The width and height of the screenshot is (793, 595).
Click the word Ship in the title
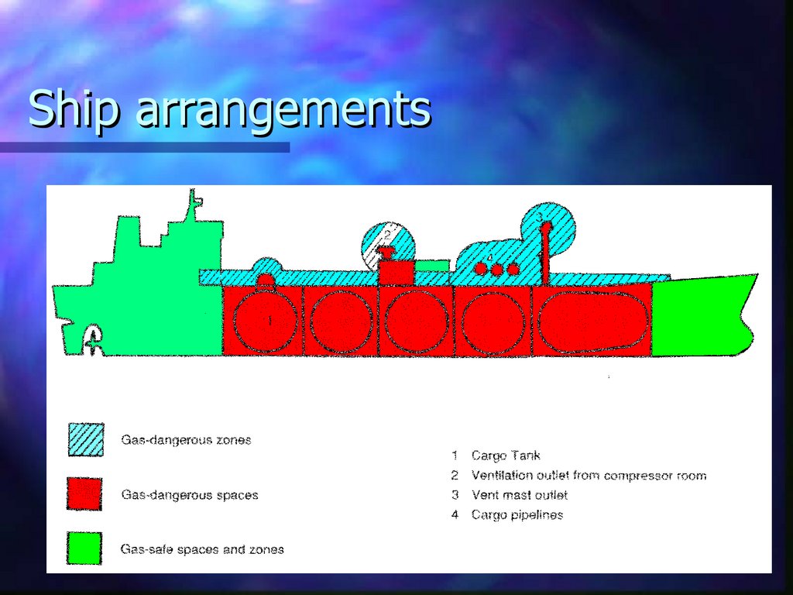pyautogui.click(x=74, y=109)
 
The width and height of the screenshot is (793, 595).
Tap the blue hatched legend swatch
pyautogui.click(x=85, y=440)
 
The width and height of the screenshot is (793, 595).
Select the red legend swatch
pyautogui.click(x=84, y=494)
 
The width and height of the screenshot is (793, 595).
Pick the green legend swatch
pyautogui.click(x=84, y=549)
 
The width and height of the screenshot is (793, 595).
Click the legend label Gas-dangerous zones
pyautogui.click(x=186, y=440)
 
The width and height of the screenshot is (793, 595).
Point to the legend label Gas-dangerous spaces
pyautogui.click(x=190, y=494)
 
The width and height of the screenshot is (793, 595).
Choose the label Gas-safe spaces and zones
pyautogui.click(x=202, y=549)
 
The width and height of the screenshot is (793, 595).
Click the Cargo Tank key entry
pyautogui.click(x=506, y=456)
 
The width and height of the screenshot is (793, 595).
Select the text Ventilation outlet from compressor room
pyautogui.click(x=589, y=475)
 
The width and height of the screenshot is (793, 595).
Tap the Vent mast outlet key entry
pyautogui.click(x=519, y=494)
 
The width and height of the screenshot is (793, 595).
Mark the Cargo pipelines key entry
pyautogui.click(x=517, y=514)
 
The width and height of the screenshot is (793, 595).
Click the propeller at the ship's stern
pyautogui.click(x=93, y=339)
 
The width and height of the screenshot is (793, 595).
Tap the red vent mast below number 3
pyautogui.click(x=546, y=252)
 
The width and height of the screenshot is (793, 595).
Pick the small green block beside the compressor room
pyautogui.click(x=432, y=266)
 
